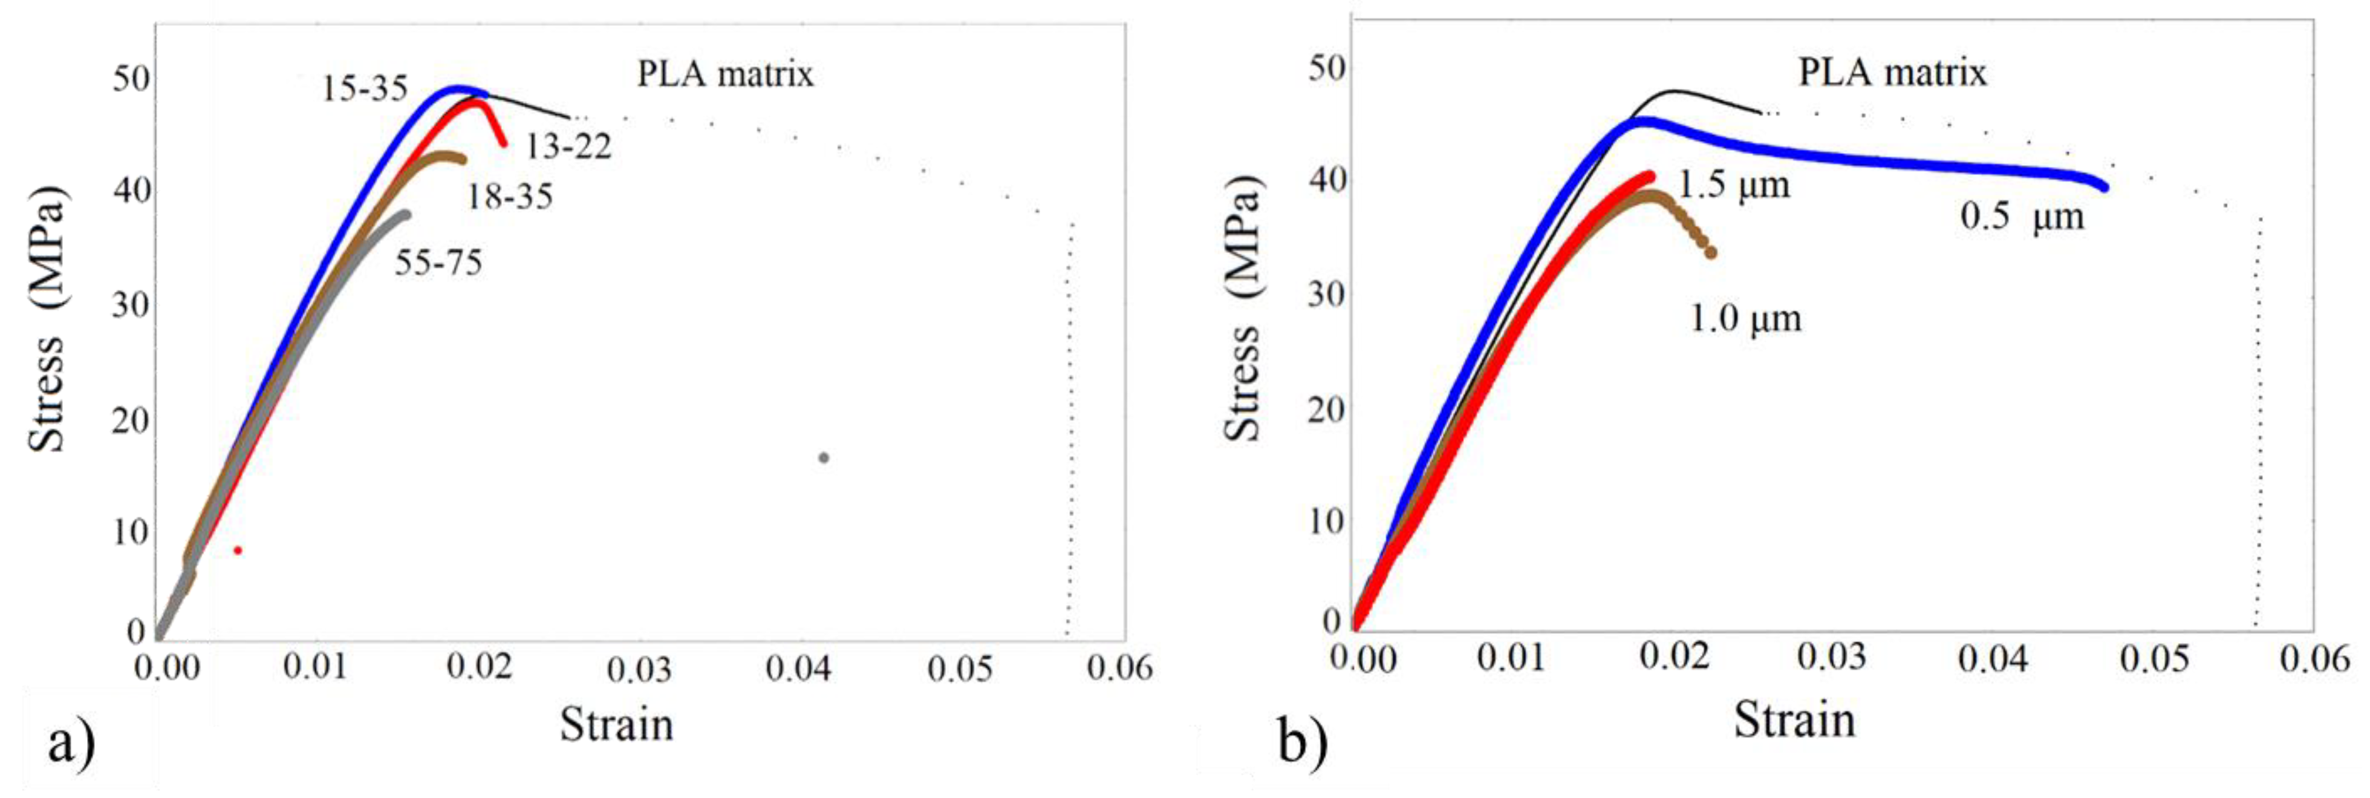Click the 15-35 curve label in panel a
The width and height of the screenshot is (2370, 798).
[364, 88]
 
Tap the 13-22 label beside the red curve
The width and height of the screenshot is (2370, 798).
[568, 145]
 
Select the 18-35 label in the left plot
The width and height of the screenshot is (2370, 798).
[510, 196]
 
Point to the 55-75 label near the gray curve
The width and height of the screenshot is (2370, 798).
[439, 263]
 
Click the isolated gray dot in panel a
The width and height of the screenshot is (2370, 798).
[824, 457]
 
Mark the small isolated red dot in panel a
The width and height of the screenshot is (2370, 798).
[238, 551]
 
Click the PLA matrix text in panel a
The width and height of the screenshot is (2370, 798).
[725, 74]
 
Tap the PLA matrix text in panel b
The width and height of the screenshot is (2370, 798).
[1892, 72]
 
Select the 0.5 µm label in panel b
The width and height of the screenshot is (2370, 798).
[2021, 217]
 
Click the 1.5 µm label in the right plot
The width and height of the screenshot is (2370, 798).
[1734, 185]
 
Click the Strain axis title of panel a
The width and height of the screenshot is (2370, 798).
[616, 724]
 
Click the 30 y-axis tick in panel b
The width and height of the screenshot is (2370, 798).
[1325, 295]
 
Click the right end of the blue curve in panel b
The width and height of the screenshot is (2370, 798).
[2104, 187]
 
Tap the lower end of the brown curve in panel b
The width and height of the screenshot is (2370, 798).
[1710, 252]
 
